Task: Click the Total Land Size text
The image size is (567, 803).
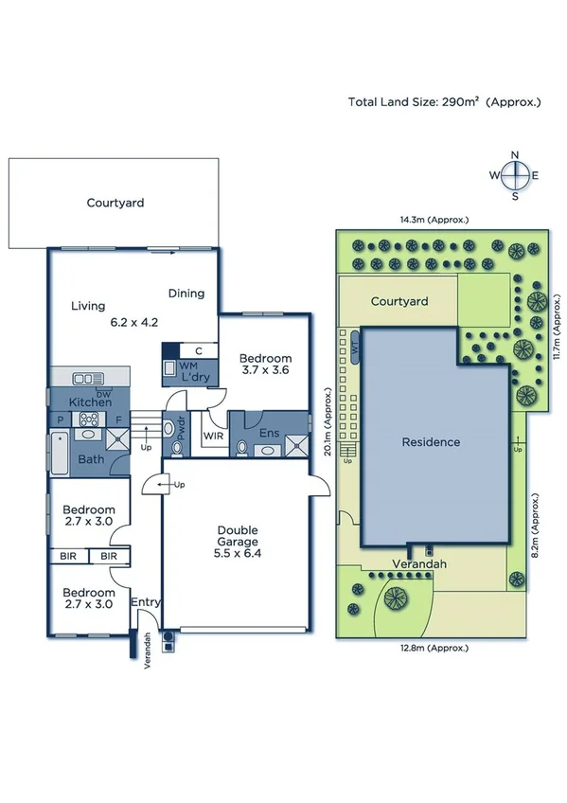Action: coord(444,101)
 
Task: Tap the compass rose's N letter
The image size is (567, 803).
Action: coord(515,154)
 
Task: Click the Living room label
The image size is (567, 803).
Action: coord(88,306)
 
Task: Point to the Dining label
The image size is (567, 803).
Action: coord(186,293)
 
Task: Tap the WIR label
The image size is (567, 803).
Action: coord(213,437)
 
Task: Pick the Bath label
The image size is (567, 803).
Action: coord(92,459)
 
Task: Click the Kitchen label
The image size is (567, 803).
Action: coord(90,403)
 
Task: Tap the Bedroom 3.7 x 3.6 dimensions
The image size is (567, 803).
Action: coord(264,371)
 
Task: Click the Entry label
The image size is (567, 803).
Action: coord(145,602)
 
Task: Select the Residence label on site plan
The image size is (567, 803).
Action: coord(430,442)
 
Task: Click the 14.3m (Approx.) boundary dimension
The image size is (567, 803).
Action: coord(434,220)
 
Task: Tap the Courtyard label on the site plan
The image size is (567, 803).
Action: coord(399,301)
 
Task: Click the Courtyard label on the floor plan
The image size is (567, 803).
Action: coord(116,203)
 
